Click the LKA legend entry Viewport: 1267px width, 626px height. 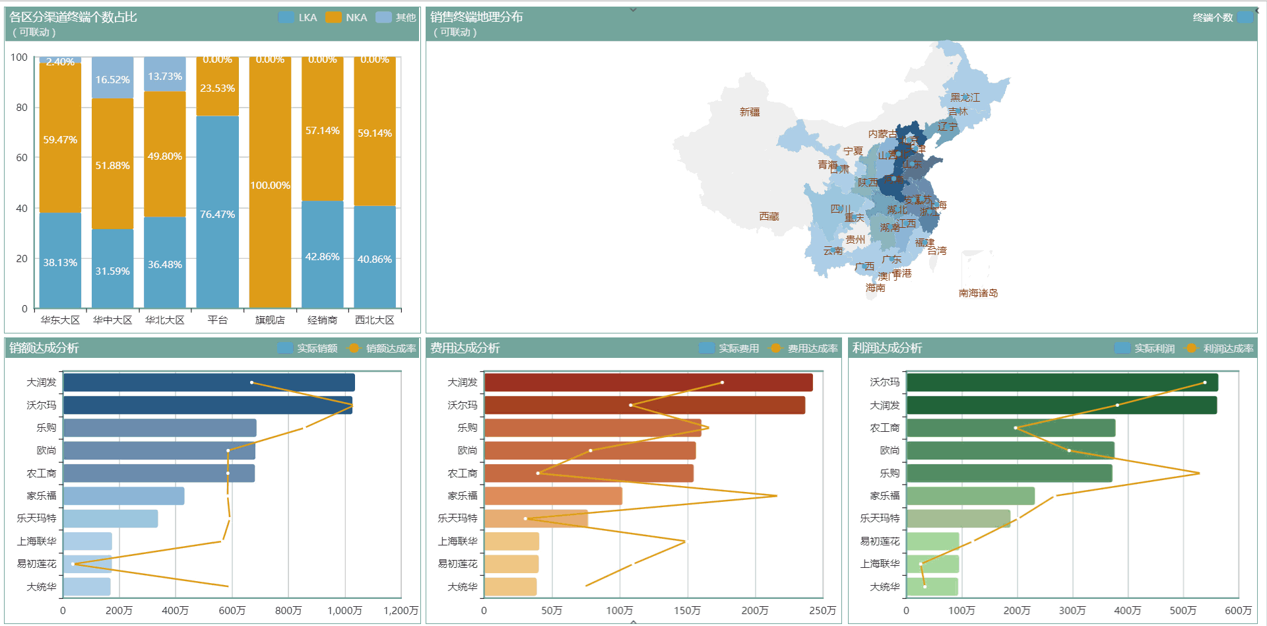298,18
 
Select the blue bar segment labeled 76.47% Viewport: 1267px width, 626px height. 217,211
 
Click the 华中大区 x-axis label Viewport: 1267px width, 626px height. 112,320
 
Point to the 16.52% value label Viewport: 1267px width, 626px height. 112,80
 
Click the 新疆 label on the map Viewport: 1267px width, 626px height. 750,112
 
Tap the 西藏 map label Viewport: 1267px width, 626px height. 769,217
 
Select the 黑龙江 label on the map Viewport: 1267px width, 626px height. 965,98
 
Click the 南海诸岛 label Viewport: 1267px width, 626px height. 978,293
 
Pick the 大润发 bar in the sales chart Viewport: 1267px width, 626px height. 209,382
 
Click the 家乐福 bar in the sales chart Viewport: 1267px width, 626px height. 123,496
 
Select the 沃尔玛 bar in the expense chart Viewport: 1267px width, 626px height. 644,405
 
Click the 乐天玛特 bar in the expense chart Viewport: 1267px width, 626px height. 536,518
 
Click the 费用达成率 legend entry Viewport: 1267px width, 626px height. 804,349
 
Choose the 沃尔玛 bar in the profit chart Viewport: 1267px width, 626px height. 1062,382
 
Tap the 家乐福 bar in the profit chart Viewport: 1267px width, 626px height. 970,496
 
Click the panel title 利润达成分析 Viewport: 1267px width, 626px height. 887,348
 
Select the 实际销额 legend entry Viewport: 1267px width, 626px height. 309,349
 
